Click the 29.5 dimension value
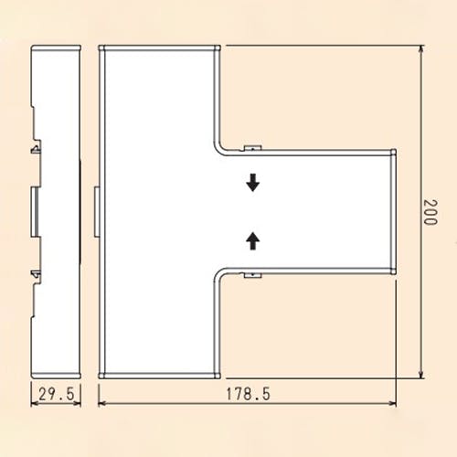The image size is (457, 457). [57, 394]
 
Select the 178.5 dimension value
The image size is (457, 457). [248, 394]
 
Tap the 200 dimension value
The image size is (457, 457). [430, 212]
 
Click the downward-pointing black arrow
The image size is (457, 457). [253, 183]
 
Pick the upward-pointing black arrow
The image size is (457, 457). [253, 240]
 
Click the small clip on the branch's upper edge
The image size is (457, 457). [253, 148]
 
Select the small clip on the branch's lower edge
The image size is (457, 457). [253, 275]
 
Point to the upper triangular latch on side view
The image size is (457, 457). [37, 149]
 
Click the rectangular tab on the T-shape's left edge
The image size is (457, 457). [97, 212]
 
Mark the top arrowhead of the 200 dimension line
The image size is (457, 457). [421, 48]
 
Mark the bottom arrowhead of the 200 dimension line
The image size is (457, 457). [421, 375]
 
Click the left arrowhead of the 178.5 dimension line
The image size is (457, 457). [102, 403]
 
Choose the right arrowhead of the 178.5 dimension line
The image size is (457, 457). [392, 403]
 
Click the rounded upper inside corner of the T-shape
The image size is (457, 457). [219, 147]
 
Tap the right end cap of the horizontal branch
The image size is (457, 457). [393, 212]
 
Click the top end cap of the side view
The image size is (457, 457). [57, 48]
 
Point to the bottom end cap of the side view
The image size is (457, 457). [57, 376]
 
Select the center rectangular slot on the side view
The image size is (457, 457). [35, 212]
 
